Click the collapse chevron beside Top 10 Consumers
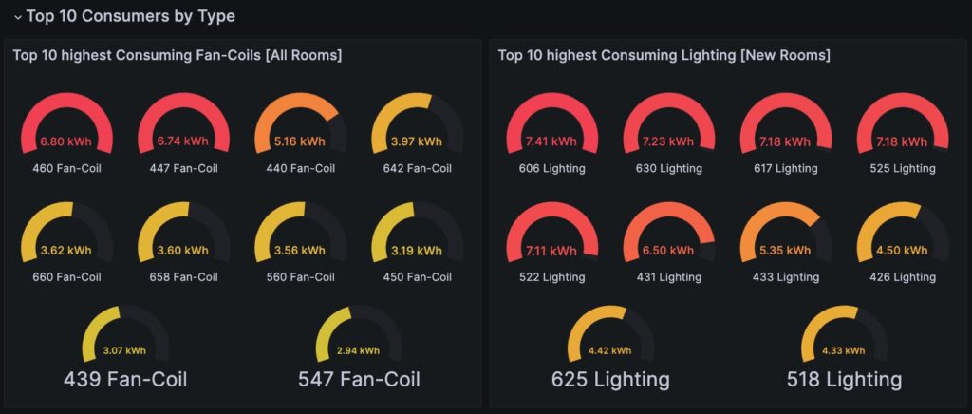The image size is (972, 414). (x=18, y=17)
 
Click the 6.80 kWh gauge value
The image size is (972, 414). (x=67, y=141)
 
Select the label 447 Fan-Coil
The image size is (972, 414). (x=183, y=168)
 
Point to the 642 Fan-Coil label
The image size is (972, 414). (x=417, y=168)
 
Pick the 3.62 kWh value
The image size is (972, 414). (x=67, y=251)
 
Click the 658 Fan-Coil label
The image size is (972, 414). (x=183, y=277)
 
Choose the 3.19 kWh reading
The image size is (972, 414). (x=417, y=251)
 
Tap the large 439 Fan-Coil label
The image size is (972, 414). (x=125, y=379)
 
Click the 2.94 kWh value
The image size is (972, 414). (x=358, y=350)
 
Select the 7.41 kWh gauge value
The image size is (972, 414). (x=551, y=141)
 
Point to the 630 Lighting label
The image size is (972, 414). (x=669, y=168)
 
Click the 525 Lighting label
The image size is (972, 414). (x=903, y=168)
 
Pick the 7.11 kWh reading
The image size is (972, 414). (x=551, y=251)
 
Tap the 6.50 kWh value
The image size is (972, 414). (x=669, y=251)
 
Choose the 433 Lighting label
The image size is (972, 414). (x=785, y=277)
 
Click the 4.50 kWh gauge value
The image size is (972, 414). (x=903, y=251)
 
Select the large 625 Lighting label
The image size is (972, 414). (x=610, y=379)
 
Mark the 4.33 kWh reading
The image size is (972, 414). (x=844, y=350)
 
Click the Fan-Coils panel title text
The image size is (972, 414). (x=178, y=55)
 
